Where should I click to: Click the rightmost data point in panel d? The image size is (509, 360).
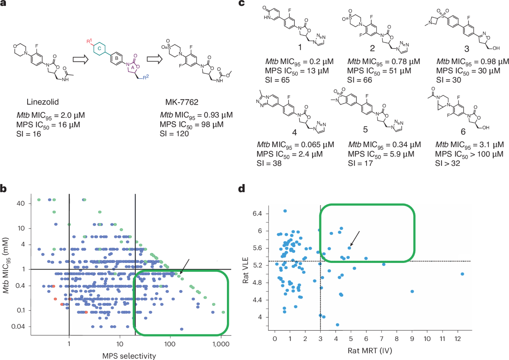click(x=462, y=274)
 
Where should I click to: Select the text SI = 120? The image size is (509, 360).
click(x=175, y=132)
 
